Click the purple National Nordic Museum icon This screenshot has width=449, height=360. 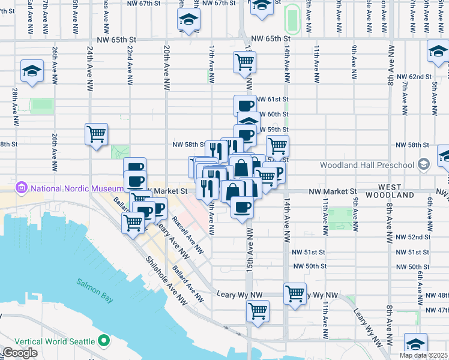(23, 188)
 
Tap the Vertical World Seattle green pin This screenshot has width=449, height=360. (104, 341)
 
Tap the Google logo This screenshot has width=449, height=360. (20, 352)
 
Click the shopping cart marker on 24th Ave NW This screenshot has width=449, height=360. (96, 134)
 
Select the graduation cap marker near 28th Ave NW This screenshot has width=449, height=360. (32, 71)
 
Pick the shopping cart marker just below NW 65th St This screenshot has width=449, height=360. (244, 61)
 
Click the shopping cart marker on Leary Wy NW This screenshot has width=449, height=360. (295, 294)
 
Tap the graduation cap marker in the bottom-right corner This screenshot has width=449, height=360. (415, 344)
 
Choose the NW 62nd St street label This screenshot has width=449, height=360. (414, 77)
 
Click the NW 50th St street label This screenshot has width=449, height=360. (310, 266)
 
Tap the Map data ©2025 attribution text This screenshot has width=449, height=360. (424, 355)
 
